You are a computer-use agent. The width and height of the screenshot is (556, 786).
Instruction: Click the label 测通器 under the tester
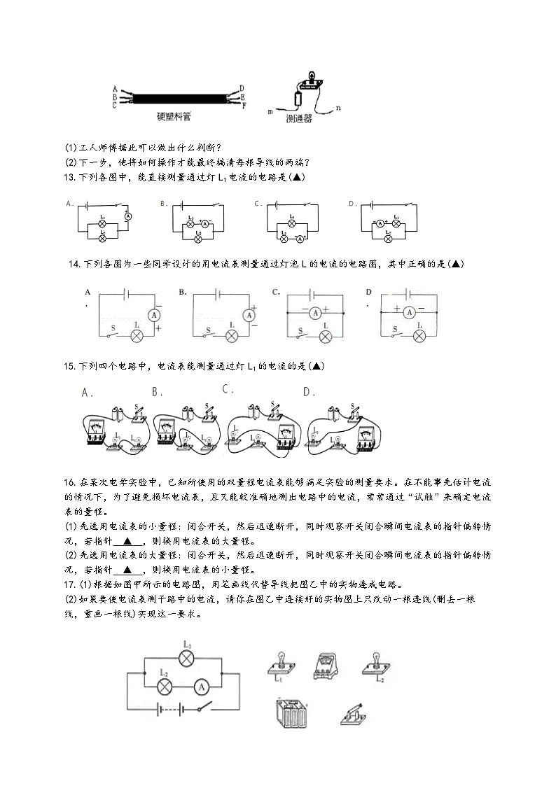299,119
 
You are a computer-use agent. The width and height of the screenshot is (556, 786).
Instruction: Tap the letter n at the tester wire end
338,107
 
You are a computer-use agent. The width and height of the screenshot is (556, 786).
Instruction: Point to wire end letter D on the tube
242,87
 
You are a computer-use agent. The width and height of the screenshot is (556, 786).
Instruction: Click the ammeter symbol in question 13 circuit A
128,218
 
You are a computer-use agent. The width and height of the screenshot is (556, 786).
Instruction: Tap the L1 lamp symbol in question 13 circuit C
292,225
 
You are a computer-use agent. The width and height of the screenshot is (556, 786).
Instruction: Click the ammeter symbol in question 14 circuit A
154,316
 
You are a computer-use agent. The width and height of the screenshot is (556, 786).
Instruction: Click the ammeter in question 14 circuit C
316,312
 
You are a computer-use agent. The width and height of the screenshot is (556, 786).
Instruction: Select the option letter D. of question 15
309,393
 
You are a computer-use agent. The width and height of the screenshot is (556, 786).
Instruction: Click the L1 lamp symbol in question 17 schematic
187,658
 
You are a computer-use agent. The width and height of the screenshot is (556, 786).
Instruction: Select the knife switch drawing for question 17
355,714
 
